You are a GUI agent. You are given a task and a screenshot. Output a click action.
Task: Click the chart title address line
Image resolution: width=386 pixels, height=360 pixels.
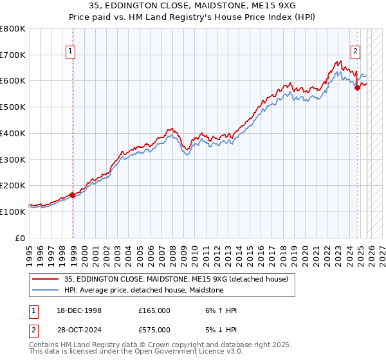tap(193, 6)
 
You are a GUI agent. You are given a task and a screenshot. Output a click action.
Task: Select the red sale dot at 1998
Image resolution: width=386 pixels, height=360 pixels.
tap(73, 195)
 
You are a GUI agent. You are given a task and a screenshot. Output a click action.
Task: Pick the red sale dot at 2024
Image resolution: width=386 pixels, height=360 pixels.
tap(358, 87)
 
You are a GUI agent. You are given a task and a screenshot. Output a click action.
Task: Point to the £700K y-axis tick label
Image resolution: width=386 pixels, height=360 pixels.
tap(13, 55)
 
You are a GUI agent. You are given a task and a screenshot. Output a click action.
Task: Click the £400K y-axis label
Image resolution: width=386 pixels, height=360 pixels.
tap(13, 134)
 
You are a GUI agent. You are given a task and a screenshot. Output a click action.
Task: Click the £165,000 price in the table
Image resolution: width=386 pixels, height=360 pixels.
tap(154, 310)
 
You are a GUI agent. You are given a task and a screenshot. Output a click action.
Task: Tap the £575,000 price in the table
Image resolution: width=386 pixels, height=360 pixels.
tap(154, 330)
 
